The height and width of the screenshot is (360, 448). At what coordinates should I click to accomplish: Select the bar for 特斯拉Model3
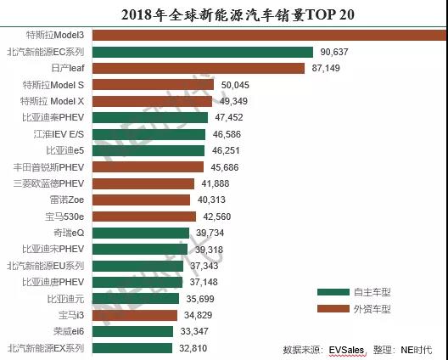click(x=267, y=35)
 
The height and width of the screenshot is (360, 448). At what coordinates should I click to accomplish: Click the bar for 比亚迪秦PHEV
click(x=149, y=117)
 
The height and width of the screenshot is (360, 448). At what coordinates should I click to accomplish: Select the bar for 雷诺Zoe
click(x=141, y=200)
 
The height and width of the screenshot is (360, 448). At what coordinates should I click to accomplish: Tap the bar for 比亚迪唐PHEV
click(x=137, y=282)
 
